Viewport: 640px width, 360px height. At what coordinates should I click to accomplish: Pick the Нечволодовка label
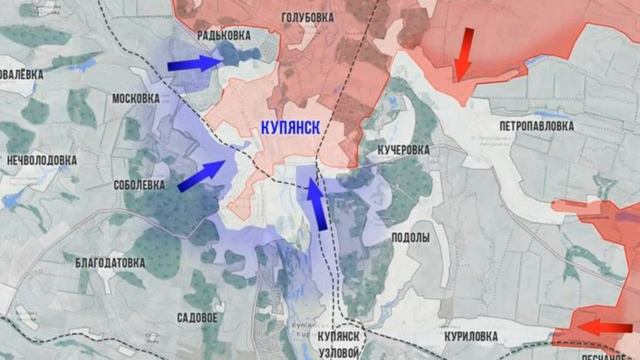42,159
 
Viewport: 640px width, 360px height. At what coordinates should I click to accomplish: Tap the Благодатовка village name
110,262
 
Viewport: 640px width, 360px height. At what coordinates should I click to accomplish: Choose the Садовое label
196,317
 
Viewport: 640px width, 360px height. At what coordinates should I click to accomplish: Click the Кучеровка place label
403,149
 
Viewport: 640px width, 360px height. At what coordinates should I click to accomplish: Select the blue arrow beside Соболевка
202,175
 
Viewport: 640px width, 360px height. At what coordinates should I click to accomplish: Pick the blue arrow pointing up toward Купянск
317,203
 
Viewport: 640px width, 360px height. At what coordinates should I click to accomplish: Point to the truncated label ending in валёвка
21,73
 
